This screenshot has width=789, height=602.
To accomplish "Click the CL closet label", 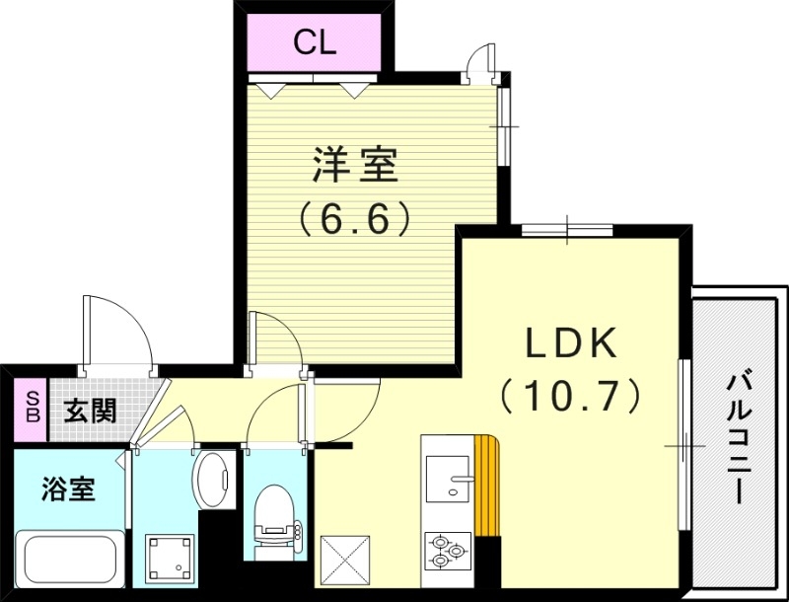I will click(x=315, y=42).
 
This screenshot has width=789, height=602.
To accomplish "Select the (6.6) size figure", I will click(x=355, y=217).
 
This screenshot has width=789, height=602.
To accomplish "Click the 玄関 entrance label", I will click(x=90, y=411).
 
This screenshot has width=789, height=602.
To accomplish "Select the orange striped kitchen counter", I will click(x=487, y=484).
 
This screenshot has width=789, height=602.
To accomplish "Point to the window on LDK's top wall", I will click(x=567, y=231).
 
